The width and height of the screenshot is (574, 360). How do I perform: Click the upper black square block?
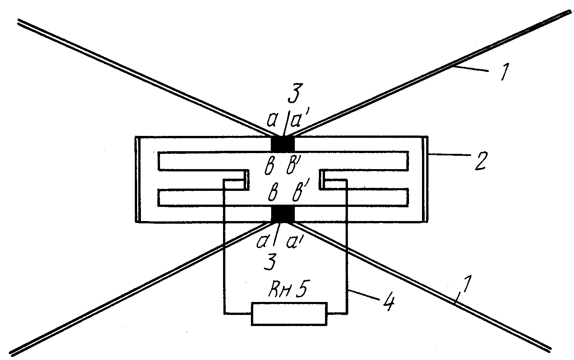click(x=283, y=144)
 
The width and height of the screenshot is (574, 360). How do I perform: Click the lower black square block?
click(x=283, y=214)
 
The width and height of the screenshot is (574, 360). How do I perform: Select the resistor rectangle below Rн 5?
click(x=289, y=314)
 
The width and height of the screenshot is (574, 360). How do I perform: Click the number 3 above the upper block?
click(x=295, y=93)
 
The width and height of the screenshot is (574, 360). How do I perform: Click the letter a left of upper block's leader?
click(x=272, y=121)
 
